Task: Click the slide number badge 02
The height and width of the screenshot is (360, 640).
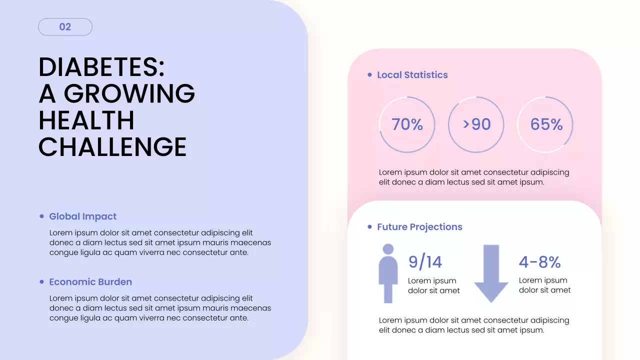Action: (65, 27)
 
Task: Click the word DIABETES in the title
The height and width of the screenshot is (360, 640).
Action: (101, 67)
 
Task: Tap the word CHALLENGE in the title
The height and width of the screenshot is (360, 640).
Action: (112, 147)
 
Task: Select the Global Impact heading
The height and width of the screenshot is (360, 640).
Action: (82, 216)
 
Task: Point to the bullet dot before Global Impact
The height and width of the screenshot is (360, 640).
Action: (42, 216)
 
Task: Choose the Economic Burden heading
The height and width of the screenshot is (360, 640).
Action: (90, 282)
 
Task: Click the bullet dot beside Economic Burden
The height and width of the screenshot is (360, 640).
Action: (42, 282)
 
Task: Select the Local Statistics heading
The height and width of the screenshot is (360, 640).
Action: (412, 75)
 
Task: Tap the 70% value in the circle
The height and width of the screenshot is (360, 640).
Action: (407, 124)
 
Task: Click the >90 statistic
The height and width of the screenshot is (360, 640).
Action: (476, 124)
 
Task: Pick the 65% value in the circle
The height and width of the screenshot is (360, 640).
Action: (546, 124)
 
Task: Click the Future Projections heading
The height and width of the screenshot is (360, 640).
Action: (419, 227)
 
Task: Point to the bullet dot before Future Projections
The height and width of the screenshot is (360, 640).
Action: (370, 227)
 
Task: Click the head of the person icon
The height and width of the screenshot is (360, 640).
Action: (388, 249)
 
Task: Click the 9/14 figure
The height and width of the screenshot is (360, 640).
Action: (425, 262)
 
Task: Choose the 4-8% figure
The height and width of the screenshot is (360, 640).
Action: (539, 262)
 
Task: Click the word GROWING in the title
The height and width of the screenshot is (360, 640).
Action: (129, 93)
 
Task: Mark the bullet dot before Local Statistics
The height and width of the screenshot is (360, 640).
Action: (370, 75)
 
